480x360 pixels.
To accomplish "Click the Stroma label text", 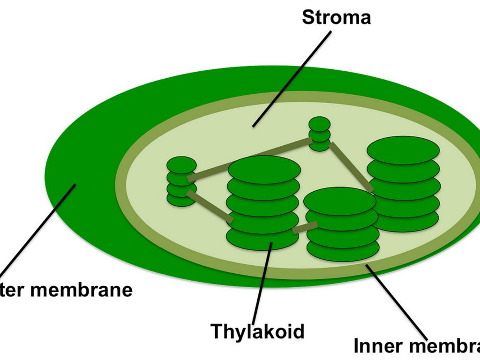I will pyautogui.click(x=336, y=17).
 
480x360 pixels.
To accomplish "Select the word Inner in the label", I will pyautogui.click(x=377, y=346).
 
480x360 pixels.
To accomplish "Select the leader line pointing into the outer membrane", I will pyautogui.click(x=37, y=230).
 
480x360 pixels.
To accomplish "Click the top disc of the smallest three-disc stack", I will pyautogui.click(x=319, y=124).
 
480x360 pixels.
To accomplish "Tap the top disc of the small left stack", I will pyautogui.click(x=181, y=164).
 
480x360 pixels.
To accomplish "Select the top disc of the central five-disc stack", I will pyautogui.click(x=263, y=169).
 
